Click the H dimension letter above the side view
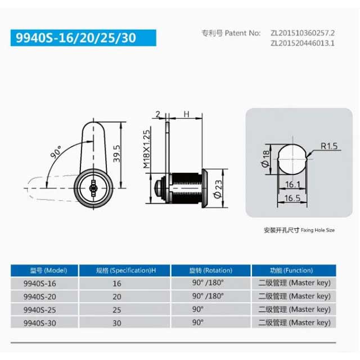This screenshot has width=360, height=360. [186, 114]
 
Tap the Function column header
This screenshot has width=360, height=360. [292, 271]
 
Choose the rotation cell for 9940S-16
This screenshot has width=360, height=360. [208, 283]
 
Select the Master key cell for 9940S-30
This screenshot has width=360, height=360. [294, 323]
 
